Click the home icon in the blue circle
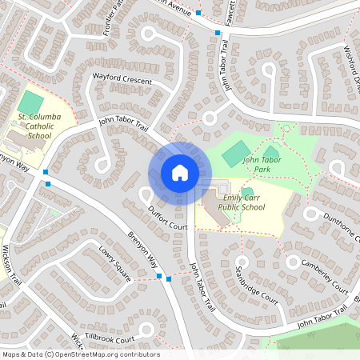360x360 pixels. (x=179, y=173)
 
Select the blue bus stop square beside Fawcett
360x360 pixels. (x=218, y=33)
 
